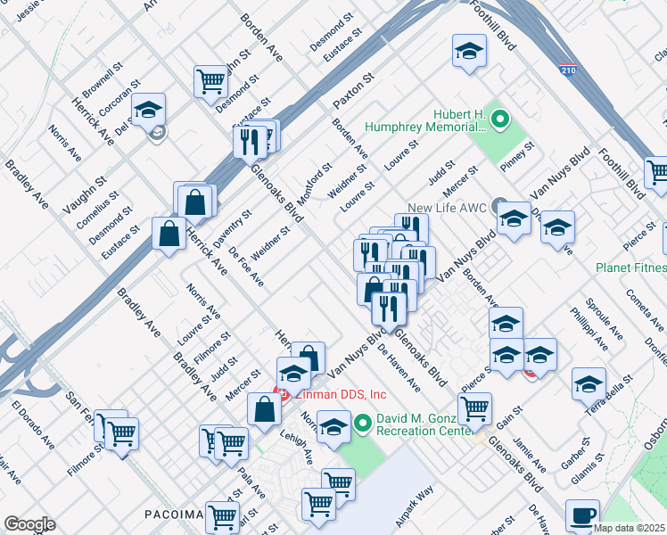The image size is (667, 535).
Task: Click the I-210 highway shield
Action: [567, 69]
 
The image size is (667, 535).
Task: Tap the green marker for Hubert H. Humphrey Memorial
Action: [500, 118]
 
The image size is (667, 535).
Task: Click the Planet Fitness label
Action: [632, 267]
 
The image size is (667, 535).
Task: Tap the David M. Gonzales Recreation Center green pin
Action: [363, 424]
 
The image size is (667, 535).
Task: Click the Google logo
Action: [29, 524]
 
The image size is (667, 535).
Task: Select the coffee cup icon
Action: [582, 514]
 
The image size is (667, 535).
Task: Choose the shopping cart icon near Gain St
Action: [474, 408]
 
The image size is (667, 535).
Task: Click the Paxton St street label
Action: [345, 90]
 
